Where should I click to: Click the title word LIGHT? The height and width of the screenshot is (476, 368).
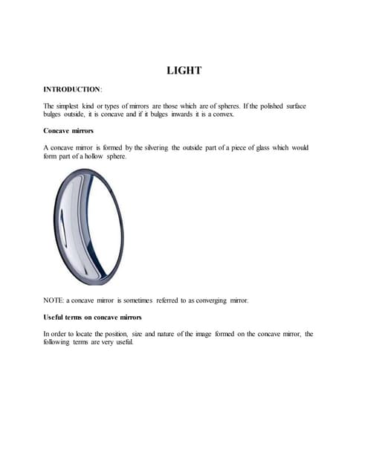click(x=184, y=71)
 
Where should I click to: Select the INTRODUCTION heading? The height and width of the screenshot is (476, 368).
click(x=72, y=89)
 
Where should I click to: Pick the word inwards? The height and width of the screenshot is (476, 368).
click(x=165, y=115)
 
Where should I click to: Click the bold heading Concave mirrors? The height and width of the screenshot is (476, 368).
click(x=68, y=131)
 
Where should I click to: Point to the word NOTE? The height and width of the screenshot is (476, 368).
click(x=53, y=300)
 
